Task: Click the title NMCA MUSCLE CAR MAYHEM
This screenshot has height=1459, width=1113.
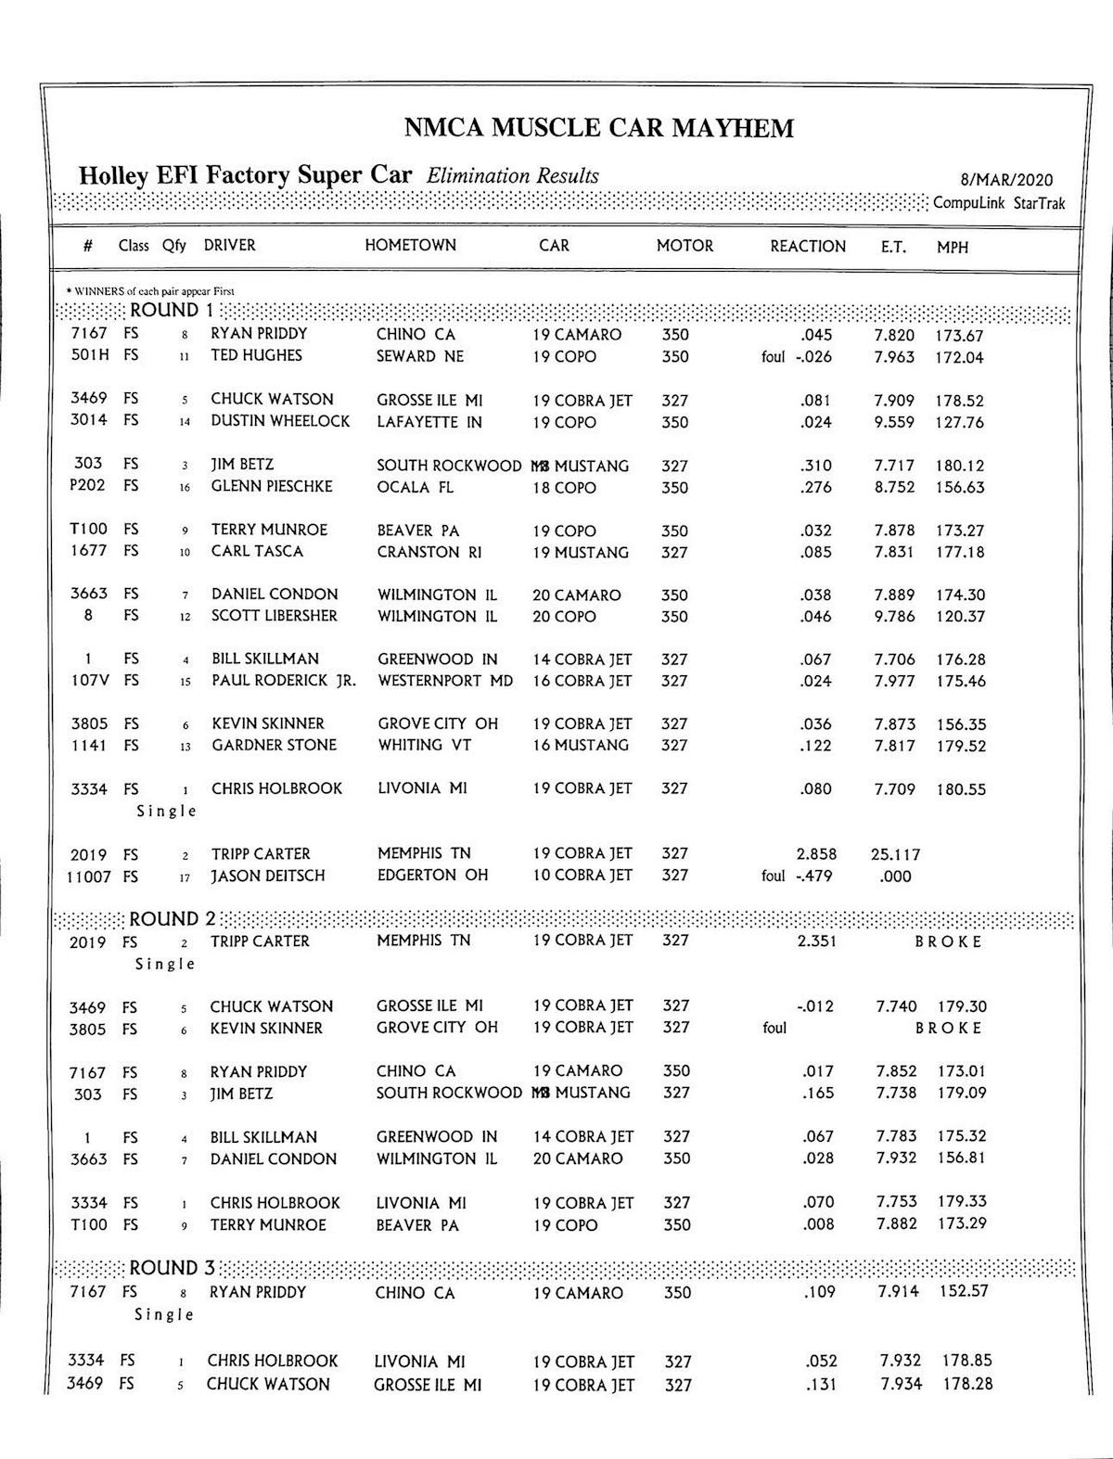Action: (x=598, y=128)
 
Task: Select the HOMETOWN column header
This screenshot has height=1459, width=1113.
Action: (x=410, y=246)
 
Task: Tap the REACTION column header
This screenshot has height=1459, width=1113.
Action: (x=808, y=247)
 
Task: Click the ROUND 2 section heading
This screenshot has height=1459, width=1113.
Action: (x=172, y=919)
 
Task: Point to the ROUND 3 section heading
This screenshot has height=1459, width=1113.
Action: (x=172, y=1268)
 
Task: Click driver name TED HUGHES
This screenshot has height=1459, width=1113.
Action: (x=256, y=356)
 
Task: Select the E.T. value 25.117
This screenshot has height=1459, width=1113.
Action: (x=895, y=854)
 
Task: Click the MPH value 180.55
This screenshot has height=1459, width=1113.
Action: (x=960, y=790)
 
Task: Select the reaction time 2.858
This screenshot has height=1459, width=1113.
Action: (x=816, y=854)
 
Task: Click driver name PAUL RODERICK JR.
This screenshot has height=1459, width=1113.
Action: (x=283, y=681)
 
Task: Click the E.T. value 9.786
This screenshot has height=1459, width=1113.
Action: (x=894, y=617)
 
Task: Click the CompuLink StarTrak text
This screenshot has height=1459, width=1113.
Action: (x=999, y=204)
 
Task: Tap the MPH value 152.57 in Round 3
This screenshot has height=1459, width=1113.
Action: (x=964, y=1292)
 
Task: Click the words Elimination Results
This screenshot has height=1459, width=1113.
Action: (x=513, y=176)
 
